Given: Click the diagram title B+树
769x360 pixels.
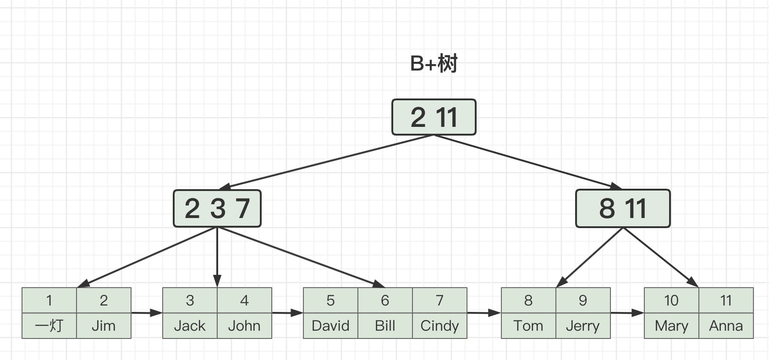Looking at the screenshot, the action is (434, 64).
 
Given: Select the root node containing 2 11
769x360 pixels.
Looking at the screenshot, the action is (434, 117).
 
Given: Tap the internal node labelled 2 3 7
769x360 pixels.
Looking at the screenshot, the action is (217, 208).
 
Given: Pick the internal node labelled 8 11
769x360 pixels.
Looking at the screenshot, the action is (623, 208).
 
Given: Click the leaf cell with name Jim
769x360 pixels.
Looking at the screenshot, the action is (104, 326).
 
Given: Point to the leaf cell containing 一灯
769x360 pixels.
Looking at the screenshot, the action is (49, 326).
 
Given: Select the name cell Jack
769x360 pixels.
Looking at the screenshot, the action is (190, 326).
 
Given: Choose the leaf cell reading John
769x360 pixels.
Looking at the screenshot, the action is (244, 326).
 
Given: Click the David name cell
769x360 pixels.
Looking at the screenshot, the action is (330, 326).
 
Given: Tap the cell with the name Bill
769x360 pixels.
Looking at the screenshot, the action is (385, 326).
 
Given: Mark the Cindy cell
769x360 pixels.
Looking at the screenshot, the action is (440, 326).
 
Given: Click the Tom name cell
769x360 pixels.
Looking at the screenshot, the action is (529, 326).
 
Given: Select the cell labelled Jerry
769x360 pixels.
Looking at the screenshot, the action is (583, 326).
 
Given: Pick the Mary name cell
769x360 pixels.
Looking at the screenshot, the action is (671, 326).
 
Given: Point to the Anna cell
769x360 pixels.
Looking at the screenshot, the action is (726, 326).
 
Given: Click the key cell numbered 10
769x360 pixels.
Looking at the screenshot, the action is (671, 300).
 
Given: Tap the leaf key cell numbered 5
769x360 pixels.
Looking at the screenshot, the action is (330, 300).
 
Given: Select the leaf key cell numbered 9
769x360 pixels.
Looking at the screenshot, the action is (583, 300).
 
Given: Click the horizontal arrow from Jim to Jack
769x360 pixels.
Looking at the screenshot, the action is (147, 313).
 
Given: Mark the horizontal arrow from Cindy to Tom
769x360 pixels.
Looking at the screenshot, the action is (484, 313).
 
